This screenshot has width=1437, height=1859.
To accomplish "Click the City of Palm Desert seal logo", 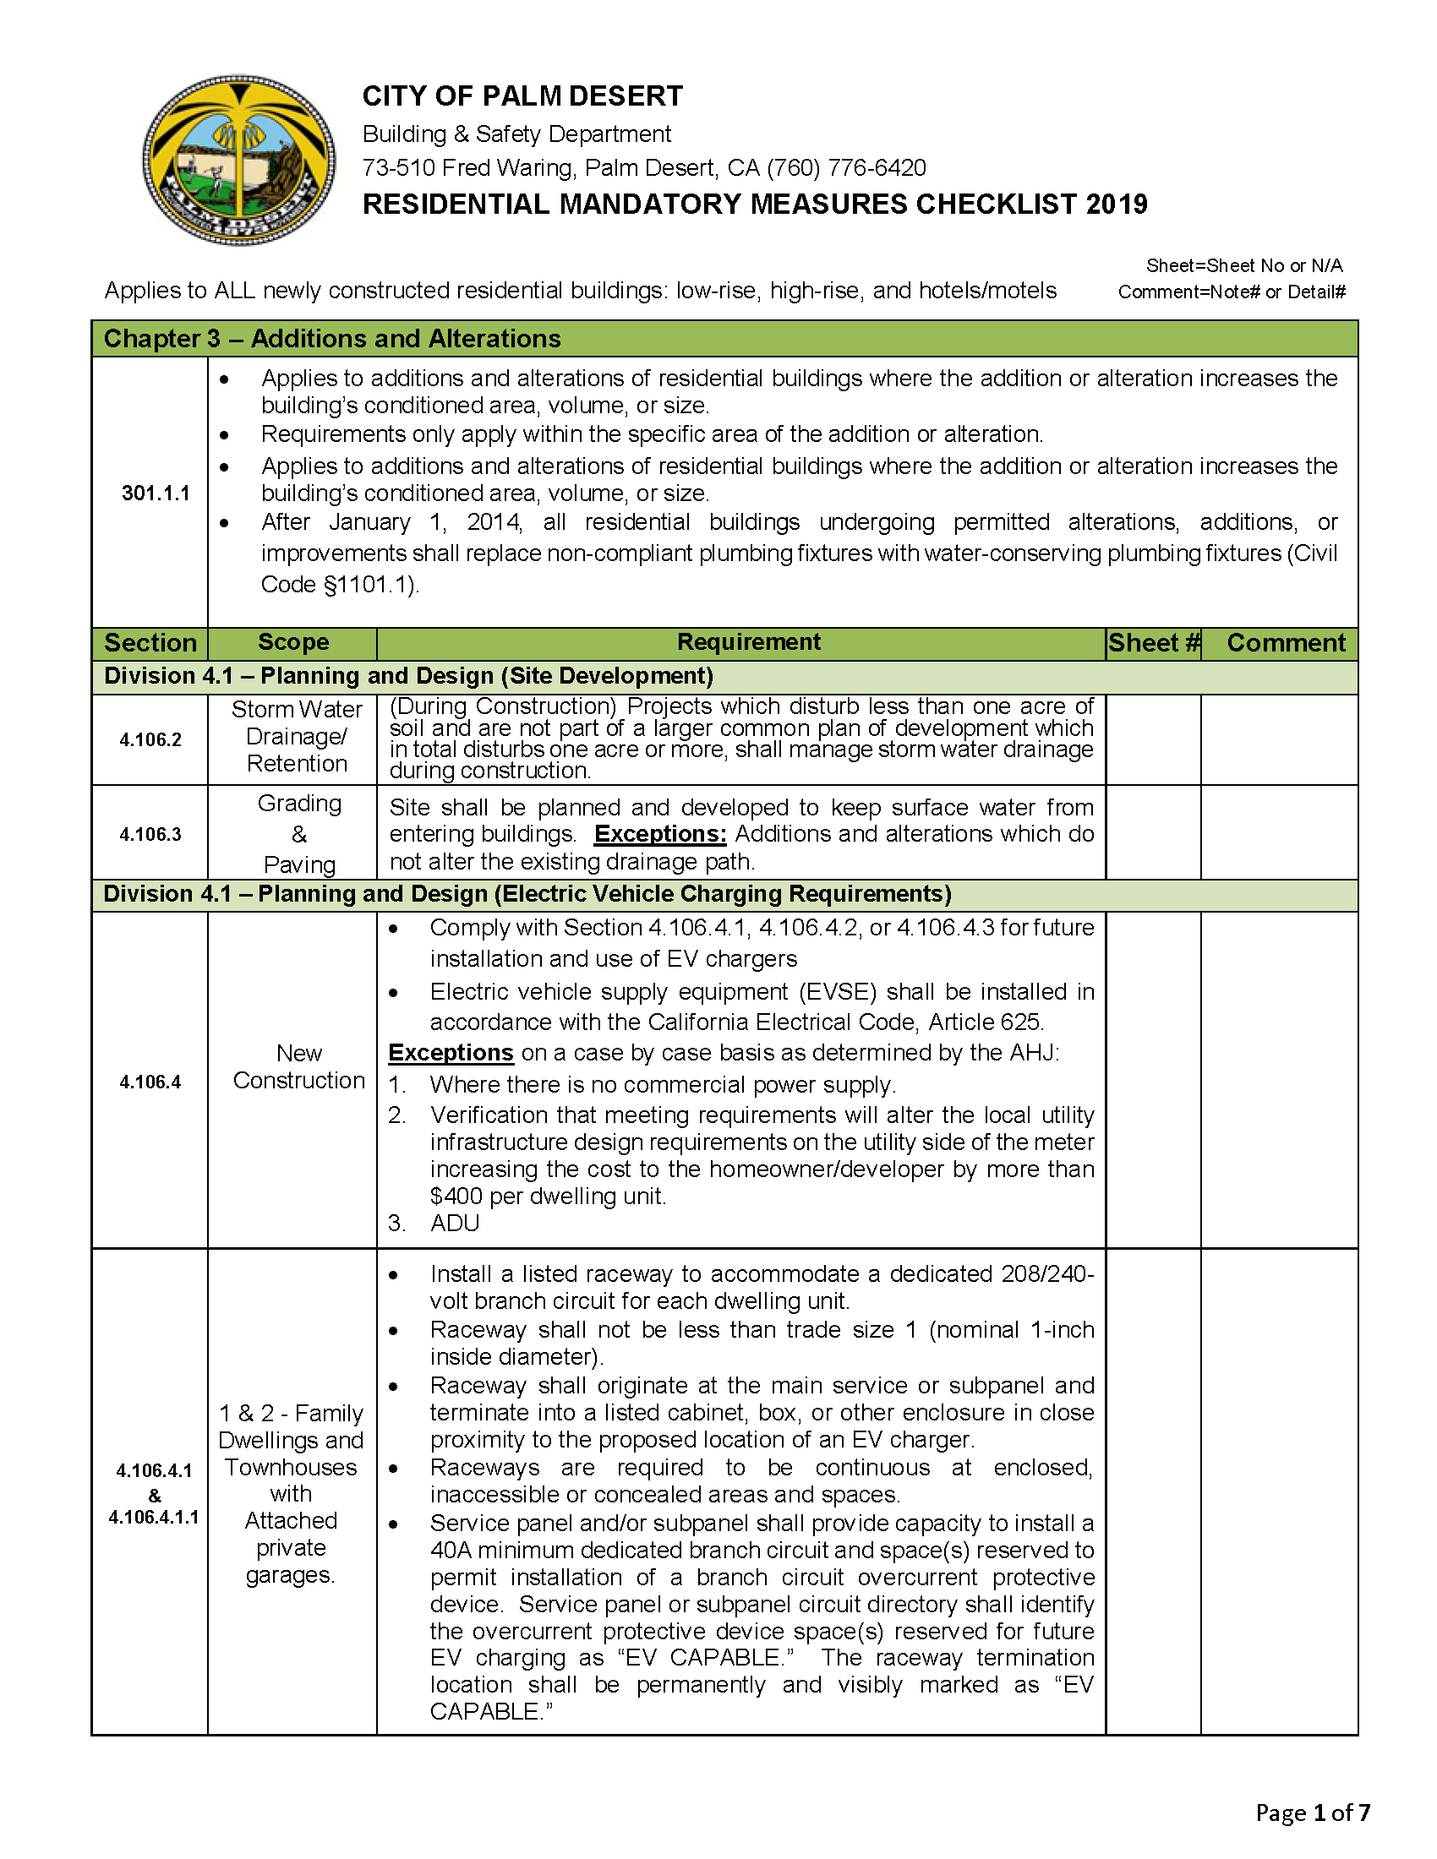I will click(239, 159).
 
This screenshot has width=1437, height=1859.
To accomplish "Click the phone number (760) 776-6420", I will click(846, 167).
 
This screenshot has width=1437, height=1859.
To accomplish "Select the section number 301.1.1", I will click(156, 493).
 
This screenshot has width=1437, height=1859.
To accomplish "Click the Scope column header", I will click(292, 643).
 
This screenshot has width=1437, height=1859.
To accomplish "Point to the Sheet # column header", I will click(1154, 643).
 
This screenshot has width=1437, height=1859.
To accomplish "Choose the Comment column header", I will click(1286, 643).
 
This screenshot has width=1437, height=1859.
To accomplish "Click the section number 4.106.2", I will click(150, 739).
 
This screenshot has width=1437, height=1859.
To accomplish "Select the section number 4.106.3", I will click(150, 834).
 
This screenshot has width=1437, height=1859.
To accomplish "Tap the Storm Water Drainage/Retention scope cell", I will click(296, 736).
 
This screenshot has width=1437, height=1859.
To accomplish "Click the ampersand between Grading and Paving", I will click(298, 834).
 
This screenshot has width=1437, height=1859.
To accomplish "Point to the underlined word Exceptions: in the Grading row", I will click(660, 834).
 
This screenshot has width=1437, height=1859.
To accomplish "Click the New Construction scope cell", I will click(298, 1066).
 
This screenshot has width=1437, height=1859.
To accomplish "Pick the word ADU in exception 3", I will click(455, 1224).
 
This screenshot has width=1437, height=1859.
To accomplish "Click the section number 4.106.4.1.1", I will click(153, 1517).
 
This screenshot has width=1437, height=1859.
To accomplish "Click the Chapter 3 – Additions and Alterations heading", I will click(332, 339).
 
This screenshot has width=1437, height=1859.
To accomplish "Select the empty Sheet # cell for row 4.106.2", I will click(1154, 739).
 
